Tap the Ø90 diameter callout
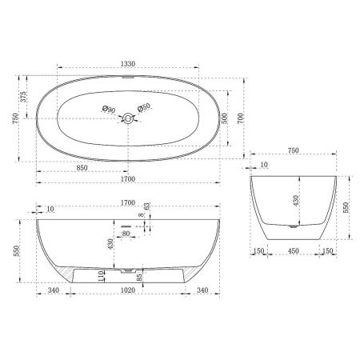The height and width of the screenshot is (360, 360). pyautogui.click(x=109, y=109)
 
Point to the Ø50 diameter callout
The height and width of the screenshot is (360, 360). pyautogui.click(x=145, y=109)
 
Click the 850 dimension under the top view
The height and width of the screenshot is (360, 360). pyautogui.click(x=82, y=169)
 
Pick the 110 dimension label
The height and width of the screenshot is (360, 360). pyautogui.click(x=101, y=274)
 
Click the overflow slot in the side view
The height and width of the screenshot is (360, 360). pyautogui.click(x=126, y=226)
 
